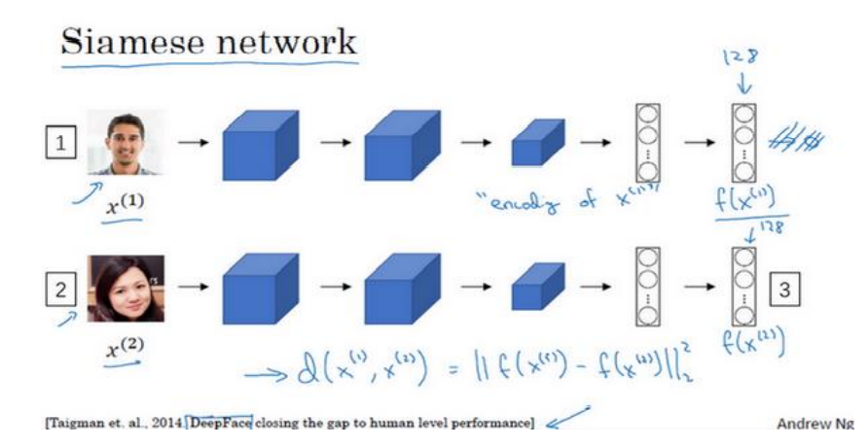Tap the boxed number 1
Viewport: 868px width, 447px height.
61,145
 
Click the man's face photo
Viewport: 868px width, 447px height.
127,142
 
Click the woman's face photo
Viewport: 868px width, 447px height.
127,288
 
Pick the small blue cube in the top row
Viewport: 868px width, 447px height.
537,143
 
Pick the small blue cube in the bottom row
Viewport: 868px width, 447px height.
537,288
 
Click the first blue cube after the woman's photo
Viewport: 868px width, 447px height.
255,288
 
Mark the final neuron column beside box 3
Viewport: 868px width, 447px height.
744,289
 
